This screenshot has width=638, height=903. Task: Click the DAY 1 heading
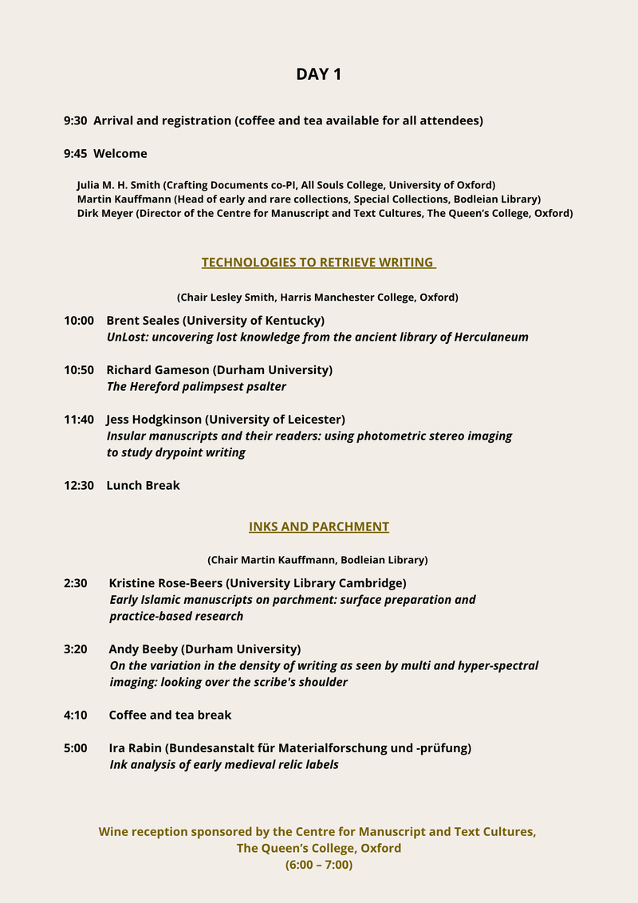[318, 74]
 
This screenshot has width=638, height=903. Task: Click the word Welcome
[120, 153]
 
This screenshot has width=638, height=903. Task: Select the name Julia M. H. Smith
[118, 184]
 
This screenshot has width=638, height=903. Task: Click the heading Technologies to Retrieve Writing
[318, 262]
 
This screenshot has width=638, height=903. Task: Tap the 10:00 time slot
[79, 320]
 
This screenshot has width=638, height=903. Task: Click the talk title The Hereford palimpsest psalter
[196, 386]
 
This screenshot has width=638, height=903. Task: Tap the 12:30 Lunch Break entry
[122, 485]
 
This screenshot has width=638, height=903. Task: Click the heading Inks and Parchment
[318, 526]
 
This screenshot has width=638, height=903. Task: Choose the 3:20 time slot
[75, 649]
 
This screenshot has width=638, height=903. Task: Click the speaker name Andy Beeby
[143, 649]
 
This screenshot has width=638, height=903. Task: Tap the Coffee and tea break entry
[170, 715]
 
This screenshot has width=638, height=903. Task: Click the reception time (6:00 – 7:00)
[318, 864]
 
